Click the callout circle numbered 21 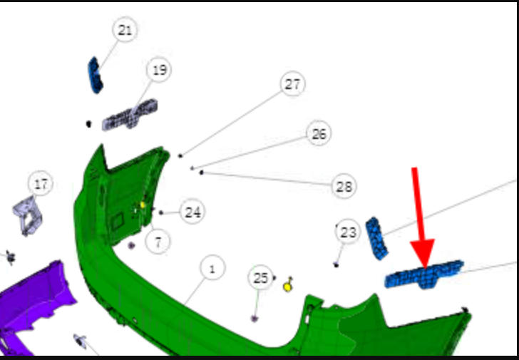coord(125,30)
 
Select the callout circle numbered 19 coord(159,70)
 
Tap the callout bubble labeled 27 coord(292,84)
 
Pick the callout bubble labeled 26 coord(319,133)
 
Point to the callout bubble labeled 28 coord(344,186)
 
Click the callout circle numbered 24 coord(192,212)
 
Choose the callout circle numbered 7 coord(158,242)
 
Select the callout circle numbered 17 coord(41,184)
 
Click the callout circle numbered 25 coord(260,277)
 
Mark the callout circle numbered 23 coord(348,232)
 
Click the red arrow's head coord(423,254)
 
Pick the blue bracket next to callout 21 coord(96,76)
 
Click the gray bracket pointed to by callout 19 coord(130,115)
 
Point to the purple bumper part coord(33,304)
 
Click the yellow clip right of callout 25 coord(288,285)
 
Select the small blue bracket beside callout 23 coord(376,238)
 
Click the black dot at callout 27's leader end coord(180,155)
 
